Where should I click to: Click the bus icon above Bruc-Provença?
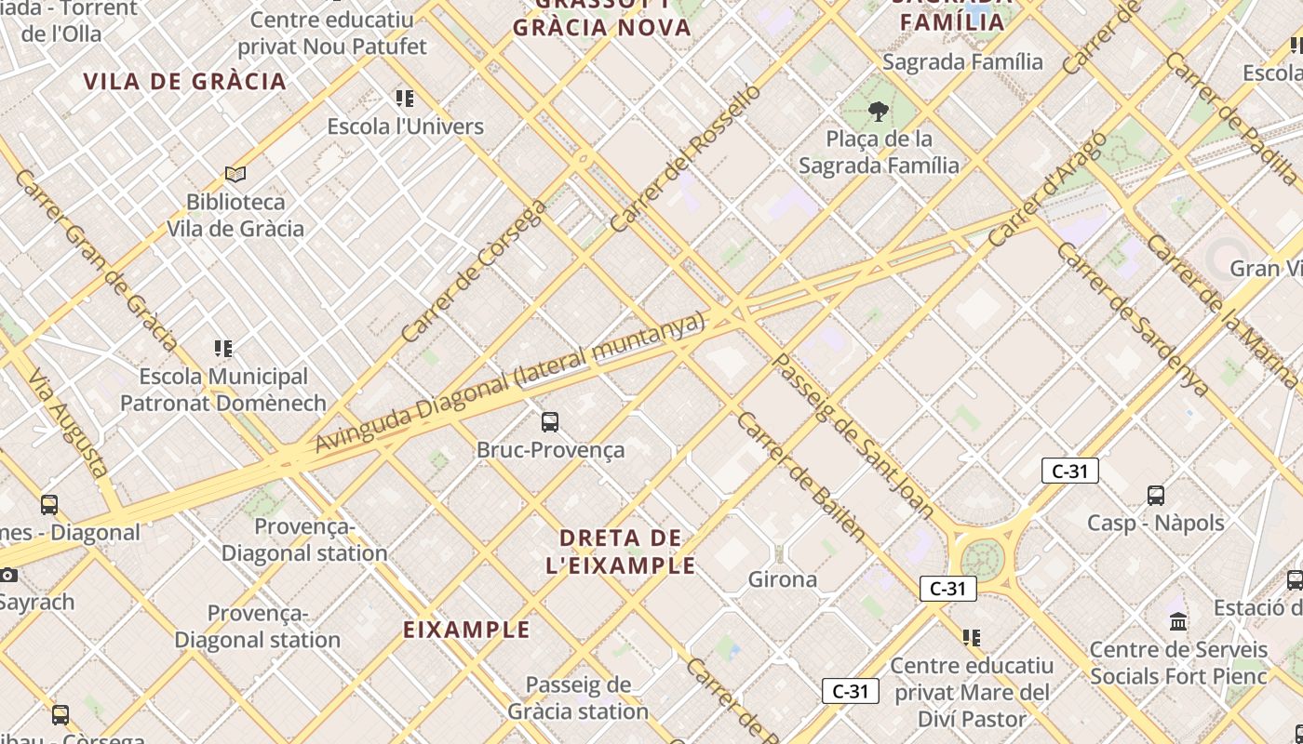click(x=550, y=422)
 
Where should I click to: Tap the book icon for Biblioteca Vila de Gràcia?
click(x=235, y=174)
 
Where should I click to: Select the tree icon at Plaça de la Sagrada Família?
click(x=878, y=112)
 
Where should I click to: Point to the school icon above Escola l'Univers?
click(x=405, y=98)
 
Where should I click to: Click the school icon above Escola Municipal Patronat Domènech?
click(x=223, y=349)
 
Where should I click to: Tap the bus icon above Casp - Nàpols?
click(x=1156, y=495)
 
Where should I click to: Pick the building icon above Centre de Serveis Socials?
click(x=1178, y=620)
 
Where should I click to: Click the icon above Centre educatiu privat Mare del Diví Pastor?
click(x=972, y=638)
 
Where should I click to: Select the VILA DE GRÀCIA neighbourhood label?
click(x=185, y=81)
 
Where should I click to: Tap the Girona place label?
click(x=783, y=579)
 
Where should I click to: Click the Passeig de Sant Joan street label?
click(x=853, y=436)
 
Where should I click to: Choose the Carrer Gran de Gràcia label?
click(x=96, y=260)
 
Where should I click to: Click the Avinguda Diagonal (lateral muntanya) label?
click(x=510, y=382)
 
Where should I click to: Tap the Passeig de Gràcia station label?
click(x=578, y=698)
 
